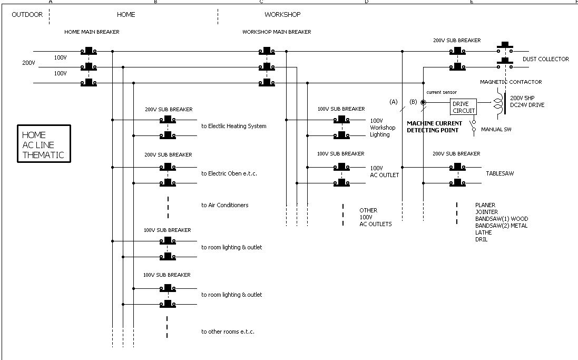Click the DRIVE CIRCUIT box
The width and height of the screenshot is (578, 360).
(464, 107)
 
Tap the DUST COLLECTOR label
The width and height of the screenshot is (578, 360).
(545, 59)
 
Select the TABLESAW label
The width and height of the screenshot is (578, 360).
(500, 173)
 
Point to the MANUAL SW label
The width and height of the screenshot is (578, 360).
(496, 129)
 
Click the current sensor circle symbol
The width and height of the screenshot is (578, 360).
(423, 102)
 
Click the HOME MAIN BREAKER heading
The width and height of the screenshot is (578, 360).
(92, 32)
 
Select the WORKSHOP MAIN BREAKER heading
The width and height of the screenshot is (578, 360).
(277, 32)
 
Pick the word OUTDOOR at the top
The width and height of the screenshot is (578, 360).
(27, 15)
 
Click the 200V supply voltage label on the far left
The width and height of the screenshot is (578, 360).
(28, 63)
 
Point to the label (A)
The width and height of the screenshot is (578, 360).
(393, 102)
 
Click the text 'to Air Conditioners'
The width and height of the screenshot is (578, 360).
(224, 205)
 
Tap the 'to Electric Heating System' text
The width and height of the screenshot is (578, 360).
(233, 126)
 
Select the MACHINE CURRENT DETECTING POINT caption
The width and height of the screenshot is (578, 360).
(434, 127)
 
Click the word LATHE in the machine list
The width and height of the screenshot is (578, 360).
(483, 232)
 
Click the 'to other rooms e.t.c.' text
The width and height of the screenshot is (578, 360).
(228, 332)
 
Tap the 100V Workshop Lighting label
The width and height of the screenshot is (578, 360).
(383, 128)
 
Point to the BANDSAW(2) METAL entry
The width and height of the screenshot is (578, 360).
(501, 226)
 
